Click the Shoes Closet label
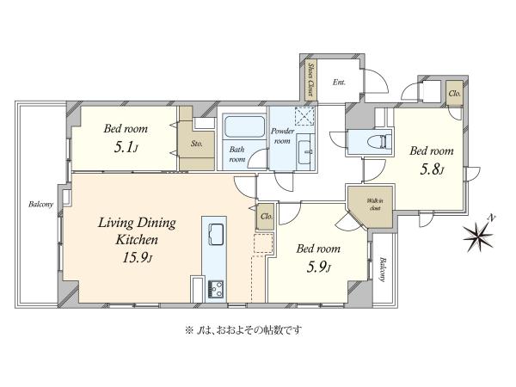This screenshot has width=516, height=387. [x=310, y=80]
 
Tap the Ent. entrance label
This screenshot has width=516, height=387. [x=339, y=83]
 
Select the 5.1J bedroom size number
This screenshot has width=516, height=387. [x=126, y=147]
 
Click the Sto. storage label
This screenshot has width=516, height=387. [x=196, y=144]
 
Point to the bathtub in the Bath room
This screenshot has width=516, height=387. [x=244, y=126]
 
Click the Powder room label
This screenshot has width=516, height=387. [x=282, y=136]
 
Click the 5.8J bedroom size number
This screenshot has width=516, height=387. [x=432, y=169]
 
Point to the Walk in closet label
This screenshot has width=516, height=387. [x=375, y=205]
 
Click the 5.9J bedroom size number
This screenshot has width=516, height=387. [x=318, y=267]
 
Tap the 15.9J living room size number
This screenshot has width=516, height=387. [x=138, y=257]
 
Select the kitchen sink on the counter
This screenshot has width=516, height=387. [x=217, y=234]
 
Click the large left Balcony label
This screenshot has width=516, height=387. [x=40, y=205]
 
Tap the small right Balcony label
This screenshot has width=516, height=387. [x=382, y=269]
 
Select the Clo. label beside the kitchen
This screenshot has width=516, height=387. [x=267, y=217]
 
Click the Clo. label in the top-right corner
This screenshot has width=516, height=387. [x=454, y=94]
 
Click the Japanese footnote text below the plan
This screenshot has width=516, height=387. [x=243, y=329]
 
